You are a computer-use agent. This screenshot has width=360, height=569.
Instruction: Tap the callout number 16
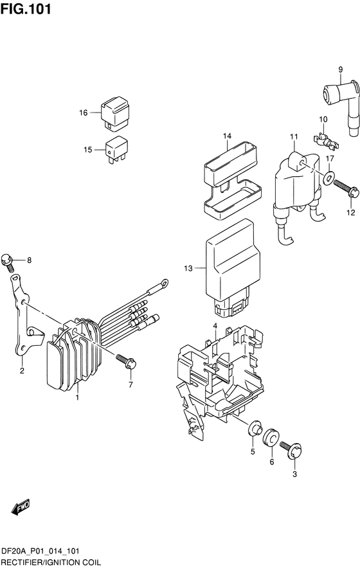click(83, 113)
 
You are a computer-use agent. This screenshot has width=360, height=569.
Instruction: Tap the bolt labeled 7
click(127, 363)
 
